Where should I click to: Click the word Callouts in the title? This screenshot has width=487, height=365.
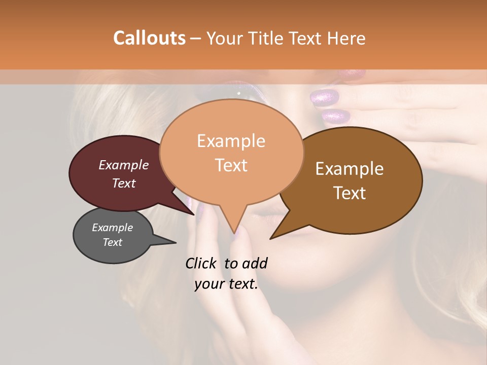point(149,38)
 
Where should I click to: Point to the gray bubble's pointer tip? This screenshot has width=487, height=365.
point(175,242)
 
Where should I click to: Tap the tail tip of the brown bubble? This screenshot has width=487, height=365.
point(271,238)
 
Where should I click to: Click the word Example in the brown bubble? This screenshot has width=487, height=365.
point(350,169)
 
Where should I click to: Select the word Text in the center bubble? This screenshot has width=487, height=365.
point(231,165)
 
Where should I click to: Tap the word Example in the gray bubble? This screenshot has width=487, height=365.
point(112,228)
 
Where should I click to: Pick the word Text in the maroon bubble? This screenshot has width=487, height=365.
point(124,183)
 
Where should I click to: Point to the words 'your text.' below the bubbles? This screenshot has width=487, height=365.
point(226,284)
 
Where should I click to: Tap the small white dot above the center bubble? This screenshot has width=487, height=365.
point(238,93)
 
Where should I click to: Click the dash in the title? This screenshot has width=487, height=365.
point(196,39)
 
